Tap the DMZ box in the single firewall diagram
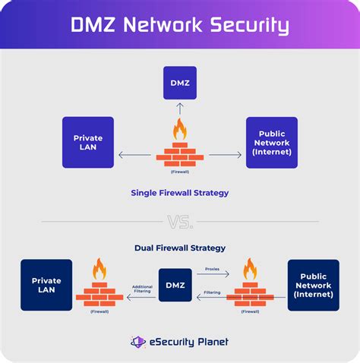click(x=180, y=82)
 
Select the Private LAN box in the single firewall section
click(x=88, y=142)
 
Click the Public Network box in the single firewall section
click(x=271, y=142)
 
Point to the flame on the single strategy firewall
click(x=180, y=128)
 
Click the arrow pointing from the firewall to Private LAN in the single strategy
click(x=135, y=155)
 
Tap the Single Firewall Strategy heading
click(x=180, y=193)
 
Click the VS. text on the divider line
click(x=180, y=223)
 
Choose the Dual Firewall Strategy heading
click(x=180, y=248)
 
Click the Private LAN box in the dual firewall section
click(x=46, y=285)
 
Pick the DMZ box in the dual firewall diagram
click(x=175, y=285)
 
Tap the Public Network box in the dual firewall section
click(x=313, y=285)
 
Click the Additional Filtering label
click(x=142, y=289)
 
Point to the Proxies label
click(x=213, y=269)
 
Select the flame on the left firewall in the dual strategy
click(x=99, y=270)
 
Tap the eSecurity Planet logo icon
click(x=137, y=342)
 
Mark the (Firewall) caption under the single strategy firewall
click(x=180, y=172)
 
